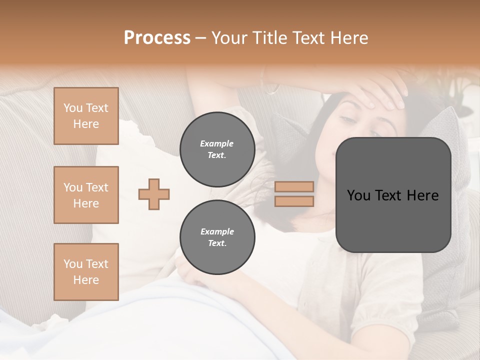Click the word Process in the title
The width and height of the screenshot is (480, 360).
pyautogui.click(x=157, y=38)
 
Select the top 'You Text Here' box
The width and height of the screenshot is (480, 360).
pyautogui.click(x=86, y=116)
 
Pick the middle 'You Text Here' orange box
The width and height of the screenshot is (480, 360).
pyautogui.click(x=86, y=195)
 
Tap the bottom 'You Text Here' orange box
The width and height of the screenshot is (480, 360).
pyautogui.click(x=86, y=271)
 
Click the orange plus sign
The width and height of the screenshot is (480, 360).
pyautogui.click(x=154, y=194)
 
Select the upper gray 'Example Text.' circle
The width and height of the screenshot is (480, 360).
pyautogui.click(x=217, y=149)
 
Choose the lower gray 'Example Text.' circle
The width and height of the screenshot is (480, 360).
pyautogui.click(x=217, y=237)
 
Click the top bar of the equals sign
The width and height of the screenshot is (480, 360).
pyautogui.click(x=294, y=186)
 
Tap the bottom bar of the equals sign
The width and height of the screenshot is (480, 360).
pyautogui.click(x=294, y=201)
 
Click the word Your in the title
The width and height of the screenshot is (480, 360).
pyautogui.click(x=228, y=38)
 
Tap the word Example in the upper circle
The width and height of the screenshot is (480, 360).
pyautogui.click(x=217, y=143)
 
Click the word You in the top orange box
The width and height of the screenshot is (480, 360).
pyautogui.click(x=72, y=108)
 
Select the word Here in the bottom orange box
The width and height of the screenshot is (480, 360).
pyautogui.click(x=86, y=280)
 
